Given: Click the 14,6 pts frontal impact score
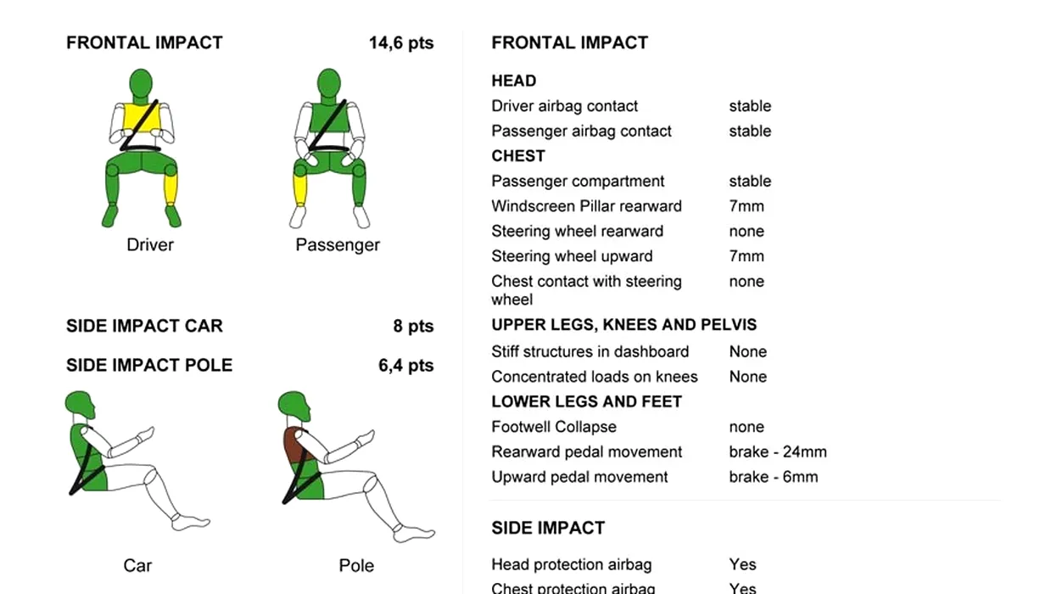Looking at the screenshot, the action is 401,43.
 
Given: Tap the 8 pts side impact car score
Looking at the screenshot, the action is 413,326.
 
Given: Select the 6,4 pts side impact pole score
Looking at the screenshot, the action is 405,366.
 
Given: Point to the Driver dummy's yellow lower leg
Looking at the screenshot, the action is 171,188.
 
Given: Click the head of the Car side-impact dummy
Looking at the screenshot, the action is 80,405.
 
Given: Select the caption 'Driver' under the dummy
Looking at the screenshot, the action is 150,245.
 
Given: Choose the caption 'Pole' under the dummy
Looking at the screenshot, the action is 356,566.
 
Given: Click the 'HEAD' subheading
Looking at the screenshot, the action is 514,81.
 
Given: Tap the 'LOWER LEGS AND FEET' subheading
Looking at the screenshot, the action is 586,401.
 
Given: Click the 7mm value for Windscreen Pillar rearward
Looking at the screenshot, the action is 746,206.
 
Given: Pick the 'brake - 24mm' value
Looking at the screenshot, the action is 778,451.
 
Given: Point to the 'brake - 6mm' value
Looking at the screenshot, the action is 774,477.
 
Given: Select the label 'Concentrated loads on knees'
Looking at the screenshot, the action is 595,377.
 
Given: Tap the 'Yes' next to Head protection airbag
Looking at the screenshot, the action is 743,564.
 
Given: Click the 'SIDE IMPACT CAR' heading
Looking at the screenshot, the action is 144,326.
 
